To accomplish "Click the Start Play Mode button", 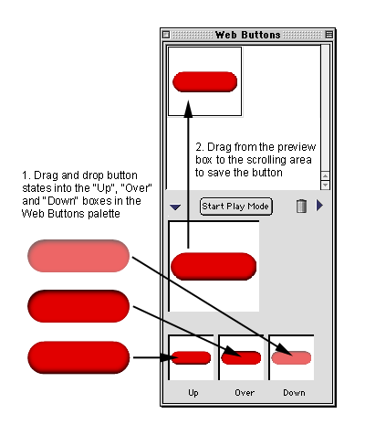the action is point(235,207).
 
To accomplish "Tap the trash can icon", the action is point(301,206).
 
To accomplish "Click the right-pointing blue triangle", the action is point(319,206).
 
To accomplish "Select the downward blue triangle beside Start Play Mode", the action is point(175,207).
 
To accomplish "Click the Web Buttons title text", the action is point(248,35).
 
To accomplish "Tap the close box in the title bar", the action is point(166,35).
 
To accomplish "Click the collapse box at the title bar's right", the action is point(328,35).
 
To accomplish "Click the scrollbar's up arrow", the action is point(325,175).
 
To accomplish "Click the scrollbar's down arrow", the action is point(325,185).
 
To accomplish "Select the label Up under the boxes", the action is point(193,393).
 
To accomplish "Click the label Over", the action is point(245,393).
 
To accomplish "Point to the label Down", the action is point(294,393).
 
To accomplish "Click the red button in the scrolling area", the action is point(204,82).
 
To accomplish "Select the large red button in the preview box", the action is point(214,266).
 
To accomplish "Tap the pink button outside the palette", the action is point(78,256).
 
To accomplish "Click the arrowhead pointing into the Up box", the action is point(167,357).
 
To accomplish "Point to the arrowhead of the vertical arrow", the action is point(189,109).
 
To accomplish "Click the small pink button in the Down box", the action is point(291,357).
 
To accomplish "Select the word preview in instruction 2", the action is point(297,147).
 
